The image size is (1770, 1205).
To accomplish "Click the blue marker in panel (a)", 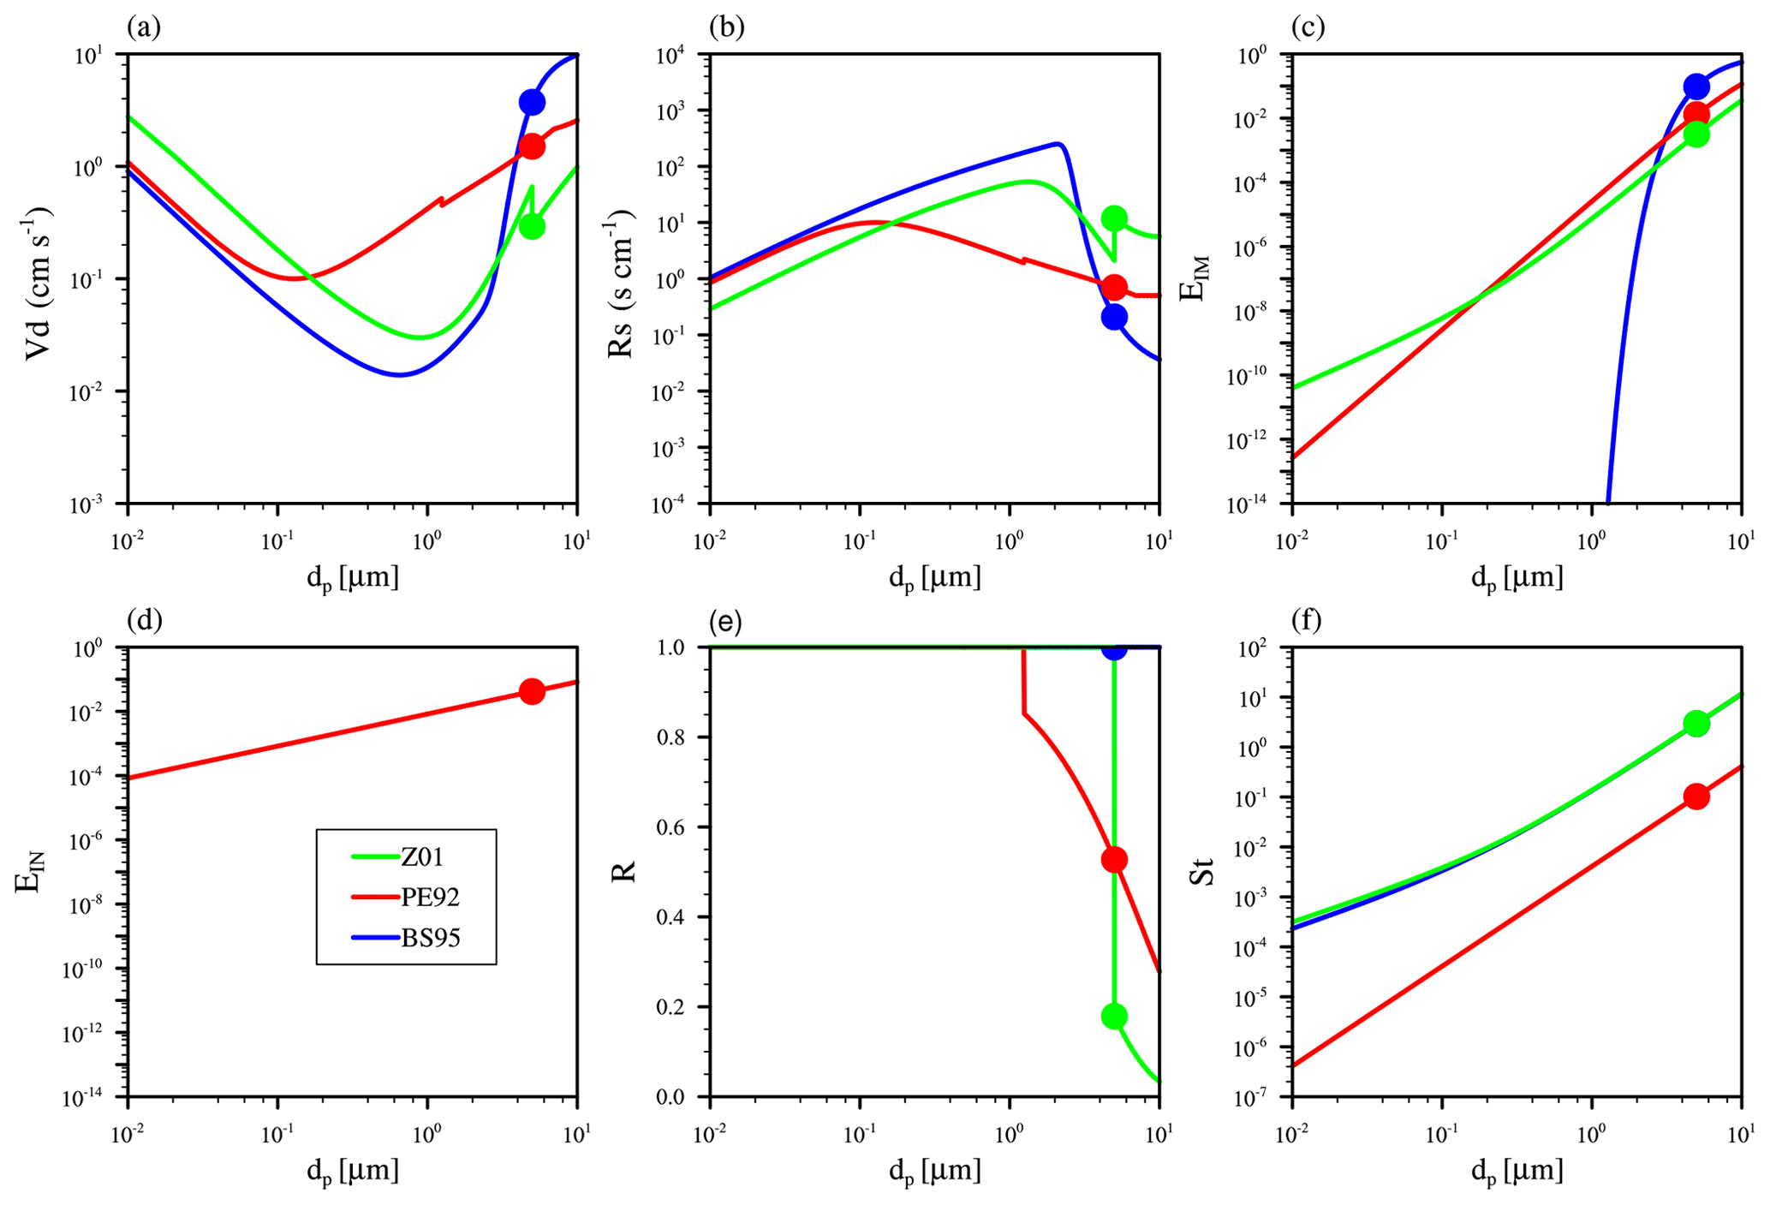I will [x=532, y=102].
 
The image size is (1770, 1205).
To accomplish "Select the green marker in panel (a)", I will [x=532, y=226].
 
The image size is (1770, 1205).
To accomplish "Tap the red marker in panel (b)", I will [x=1114, y=287].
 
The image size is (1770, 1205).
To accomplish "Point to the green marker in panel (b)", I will [x=1114, y=218].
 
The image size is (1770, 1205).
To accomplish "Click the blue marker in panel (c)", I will [x=1696, y=86].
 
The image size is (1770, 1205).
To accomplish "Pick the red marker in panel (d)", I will [x=532, y=691].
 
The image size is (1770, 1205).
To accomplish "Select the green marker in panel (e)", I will [x=1114, y=1017].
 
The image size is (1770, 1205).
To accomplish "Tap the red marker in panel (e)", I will [x=1114, y=860].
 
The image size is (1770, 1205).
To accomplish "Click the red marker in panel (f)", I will [x=1696, y=796].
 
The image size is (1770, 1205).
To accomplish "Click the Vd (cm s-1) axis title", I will [x=39, y=283].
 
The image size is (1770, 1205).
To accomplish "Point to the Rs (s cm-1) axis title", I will [x=621, y=283].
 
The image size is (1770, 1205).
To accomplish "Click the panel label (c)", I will [x=1308, y=27].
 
